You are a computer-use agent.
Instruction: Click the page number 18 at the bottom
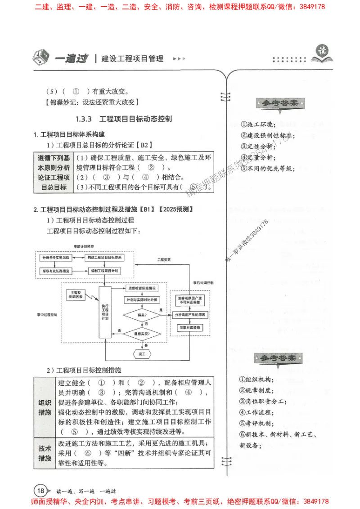coord(40,490)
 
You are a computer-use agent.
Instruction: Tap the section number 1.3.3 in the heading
coord(84,119)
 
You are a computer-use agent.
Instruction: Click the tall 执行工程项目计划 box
coord(105,312)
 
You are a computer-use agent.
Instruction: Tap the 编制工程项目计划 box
coord(105,272)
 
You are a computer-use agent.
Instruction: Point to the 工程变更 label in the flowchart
coord(164,260)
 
